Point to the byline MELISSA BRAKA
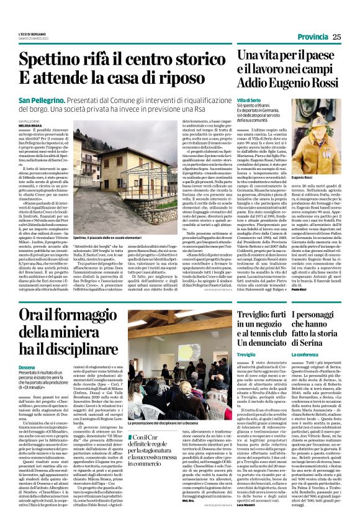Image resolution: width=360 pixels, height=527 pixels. pos(30,125)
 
